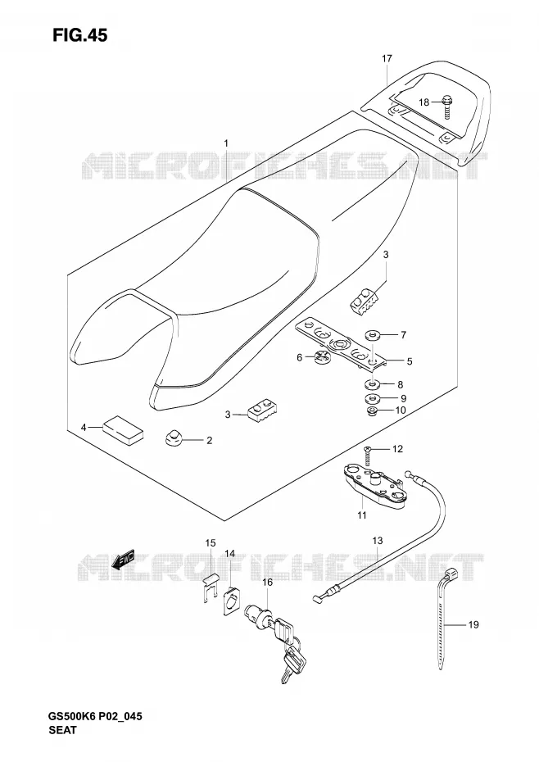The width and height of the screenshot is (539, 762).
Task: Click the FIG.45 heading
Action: point(80,35)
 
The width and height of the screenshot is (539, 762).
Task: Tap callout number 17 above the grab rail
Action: point(387,59)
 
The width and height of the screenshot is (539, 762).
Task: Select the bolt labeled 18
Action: point(446,107)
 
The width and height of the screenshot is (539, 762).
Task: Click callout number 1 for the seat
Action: point(226,143)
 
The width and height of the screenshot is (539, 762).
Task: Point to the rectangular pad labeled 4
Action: point(123,429)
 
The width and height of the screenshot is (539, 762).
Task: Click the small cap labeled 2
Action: point(172,438)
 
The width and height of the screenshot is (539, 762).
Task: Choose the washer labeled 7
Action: point(373,334)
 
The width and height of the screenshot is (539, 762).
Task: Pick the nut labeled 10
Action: point(373,411)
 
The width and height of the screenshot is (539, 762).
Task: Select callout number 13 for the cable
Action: point(378,541)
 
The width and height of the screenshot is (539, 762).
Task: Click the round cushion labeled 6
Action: point(321,356)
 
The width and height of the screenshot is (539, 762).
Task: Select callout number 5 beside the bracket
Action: point(410,361)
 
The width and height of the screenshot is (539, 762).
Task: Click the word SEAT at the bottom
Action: point(63,729)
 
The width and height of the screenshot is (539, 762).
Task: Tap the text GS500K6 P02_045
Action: point(95,716)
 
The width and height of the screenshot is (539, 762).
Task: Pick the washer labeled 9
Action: point(373,399)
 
